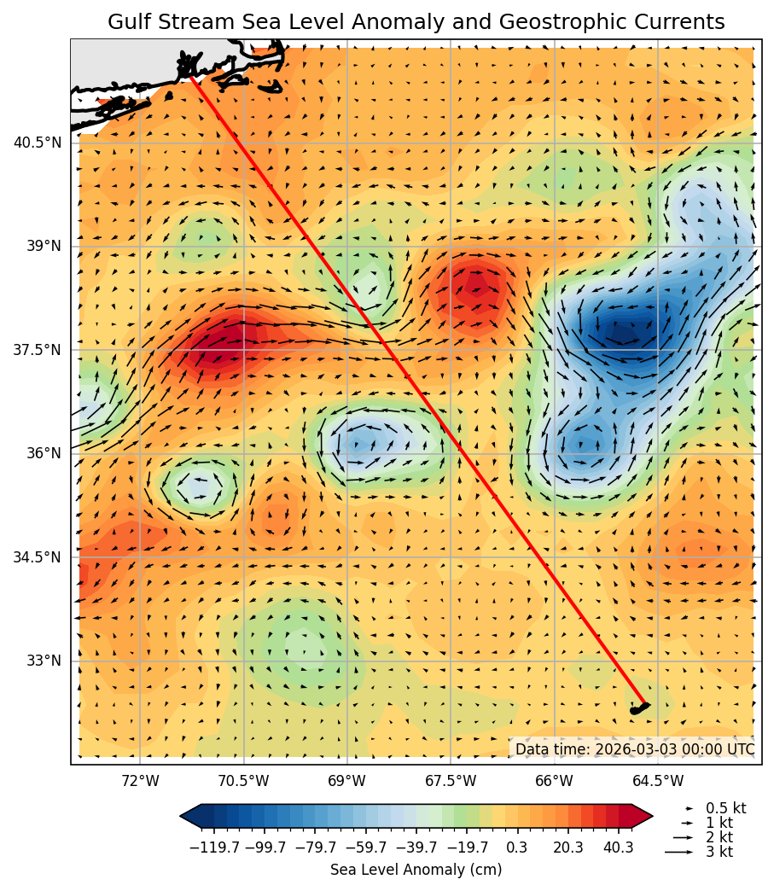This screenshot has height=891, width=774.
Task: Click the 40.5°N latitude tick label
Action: click(x=37, y=143)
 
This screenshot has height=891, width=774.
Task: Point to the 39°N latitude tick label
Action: click(x=44, y=246)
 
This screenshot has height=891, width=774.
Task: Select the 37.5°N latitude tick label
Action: click(x=37, y=350)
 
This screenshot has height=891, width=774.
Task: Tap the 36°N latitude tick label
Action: click(x=44, y=453)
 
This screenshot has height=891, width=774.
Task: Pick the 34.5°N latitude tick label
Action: click(x=37, y=557)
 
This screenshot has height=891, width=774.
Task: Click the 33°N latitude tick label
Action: click(x=44, y=661)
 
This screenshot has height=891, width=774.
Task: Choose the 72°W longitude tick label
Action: click(x=140, y=781)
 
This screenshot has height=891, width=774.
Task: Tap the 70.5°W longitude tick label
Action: click(x=243, y=781)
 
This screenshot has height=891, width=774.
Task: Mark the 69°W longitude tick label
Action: click(x=347, y=781)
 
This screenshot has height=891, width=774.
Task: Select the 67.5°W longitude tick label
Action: click(x=451, y=781)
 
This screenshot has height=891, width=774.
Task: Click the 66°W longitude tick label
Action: click(x=555, y=781)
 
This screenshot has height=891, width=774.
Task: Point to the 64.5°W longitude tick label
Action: click(x=658, y=781)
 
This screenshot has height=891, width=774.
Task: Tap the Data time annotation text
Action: click(x=634, y=749)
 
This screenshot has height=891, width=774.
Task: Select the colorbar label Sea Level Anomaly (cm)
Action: click(x=416, y=870)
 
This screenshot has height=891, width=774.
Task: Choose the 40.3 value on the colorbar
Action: click(x=618, y=847)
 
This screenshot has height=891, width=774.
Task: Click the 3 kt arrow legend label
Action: click(x=719, y=852)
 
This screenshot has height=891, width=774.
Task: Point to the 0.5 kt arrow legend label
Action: click(x=725, y=808)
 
